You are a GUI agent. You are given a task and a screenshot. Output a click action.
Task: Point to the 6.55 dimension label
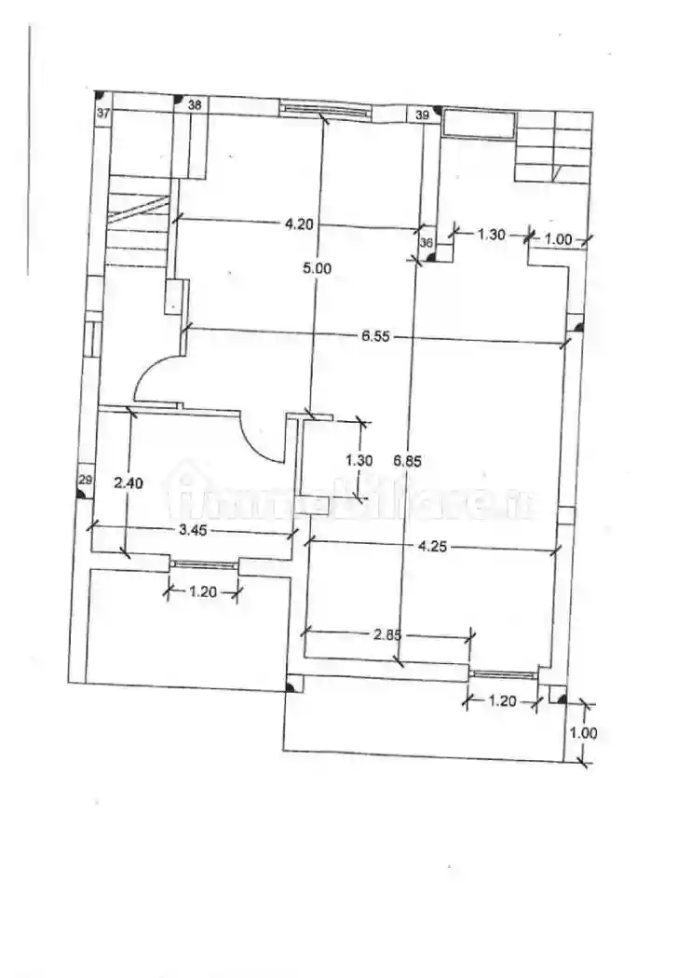pyautogui.click(x=374, y=335)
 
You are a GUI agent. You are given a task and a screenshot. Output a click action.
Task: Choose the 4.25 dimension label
pyautogui.click(x=433, y=547)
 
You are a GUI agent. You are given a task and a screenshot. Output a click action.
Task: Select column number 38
pyautogui.click(x=195, y=105)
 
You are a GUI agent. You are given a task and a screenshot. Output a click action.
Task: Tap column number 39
pyautogui.click(x=423, y=115)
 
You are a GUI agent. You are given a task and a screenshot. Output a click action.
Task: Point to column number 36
pyautogui.click(x=427, y=243)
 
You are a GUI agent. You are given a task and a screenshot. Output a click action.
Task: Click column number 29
pyautogui.click(x=85, y=480)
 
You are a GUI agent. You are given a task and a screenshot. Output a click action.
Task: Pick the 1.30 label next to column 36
pyautogui.click(x=491, y=234)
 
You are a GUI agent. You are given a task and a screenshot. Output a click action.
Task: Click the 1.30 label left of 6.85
pyautogui.click(x=359, y=459)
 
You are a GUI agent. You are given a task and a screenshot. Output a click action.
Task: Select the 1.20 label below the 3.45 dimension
pyautogui.click(x=204, y=591)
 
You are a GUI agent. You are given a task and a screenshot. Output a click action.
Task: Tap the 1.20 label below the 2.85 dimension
pyautogui.click(x=502, y=701)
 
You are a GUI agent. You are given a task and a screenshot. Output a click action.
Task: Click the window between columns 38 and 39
pyautogui.click(x=324, y=109)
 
